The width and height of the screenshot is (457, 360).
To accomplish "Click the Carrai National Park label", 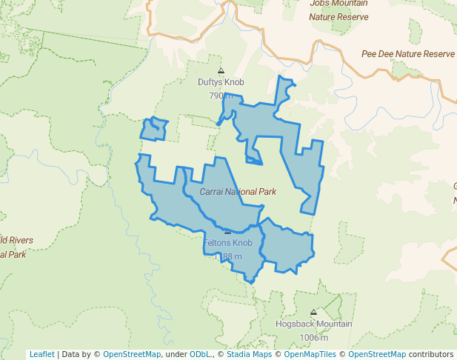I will coord(238,192).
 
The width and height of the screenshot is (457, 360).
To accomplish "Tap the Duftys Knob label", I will coord(221,82).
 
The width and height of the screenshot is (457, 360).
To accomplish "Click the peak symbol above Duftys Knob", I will coord(221,71).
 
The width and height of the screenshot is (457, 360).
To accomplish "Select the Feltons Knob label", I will coord(227,243).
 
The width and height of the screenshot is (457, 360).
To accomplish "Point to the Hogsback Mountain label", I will coord(313,324).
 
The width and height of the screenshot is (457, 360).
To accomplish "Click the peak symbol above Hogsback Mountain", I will coord(313,313).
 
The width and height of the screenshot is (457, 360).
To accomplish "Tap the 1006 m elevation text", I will coord(313,338).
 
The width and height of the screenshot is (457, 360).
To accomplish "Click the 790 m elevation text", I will coord(221,96).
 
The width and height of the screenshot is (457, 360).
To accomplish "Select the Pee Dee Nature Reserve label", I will coord(407,54).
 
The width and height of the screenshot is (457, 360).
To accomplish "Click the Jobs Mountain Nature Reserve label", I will coord(339,9).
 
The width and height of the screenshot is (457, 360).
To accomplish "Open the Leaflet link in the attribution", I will coord(41,354).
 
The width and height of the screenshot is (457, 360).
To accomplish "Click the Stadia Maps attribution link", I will coord(249,354).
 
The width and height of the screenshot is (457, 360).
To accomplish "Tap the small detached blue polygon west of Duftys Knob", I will coord(155,129).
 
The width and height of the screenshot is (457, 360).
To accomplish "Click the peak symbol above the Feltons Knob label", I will coord(227,232).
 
